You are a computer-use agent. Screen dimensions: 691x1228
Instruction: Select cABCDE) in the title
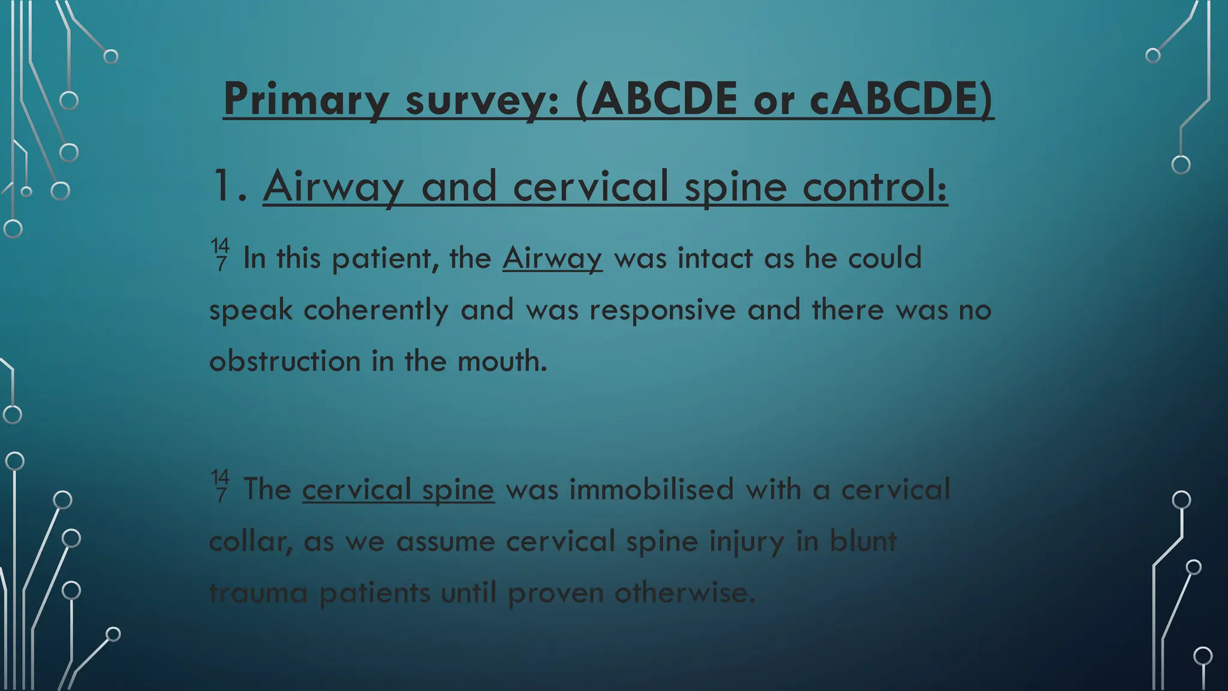901,99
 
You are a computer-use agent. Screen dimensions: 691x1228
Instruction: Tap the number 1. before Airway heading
230,187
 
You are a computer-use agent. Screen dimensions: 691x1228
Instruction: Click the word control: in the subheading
875,187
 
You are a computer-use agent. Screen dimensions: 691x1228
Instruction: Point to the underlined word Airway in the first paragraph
552,259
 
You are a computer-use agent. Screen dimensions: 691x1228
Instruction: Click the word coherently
376,310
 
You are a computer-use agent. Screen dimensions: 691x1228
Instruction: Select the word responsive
662,310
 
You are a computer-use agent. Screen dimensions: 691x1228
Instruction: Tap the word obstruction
284,362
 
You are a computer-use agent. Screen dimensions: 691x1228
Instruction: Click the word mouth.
502,362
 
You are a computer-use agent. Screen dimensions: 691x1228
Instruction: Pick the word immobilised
651,489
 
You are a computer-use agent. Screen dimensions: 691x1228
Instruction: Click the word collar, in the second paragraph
251,542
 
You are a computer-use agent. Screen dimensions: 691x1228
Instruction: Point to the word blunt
863,542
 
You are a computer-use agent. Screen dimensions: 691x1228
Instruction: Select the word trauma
258,593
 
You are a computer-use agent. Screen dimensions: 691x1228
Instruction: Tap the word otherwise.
685,593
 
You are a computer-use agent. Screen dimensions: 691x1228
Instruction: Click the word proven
555,593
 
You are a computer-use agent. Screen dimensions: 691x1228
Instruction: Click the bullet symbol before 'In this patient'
220,254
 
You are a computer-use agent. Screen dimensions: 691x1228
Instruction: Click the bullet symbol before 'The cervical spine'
220,486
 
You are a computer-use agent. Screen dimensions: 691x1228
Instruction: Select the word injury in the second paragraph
747,542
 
